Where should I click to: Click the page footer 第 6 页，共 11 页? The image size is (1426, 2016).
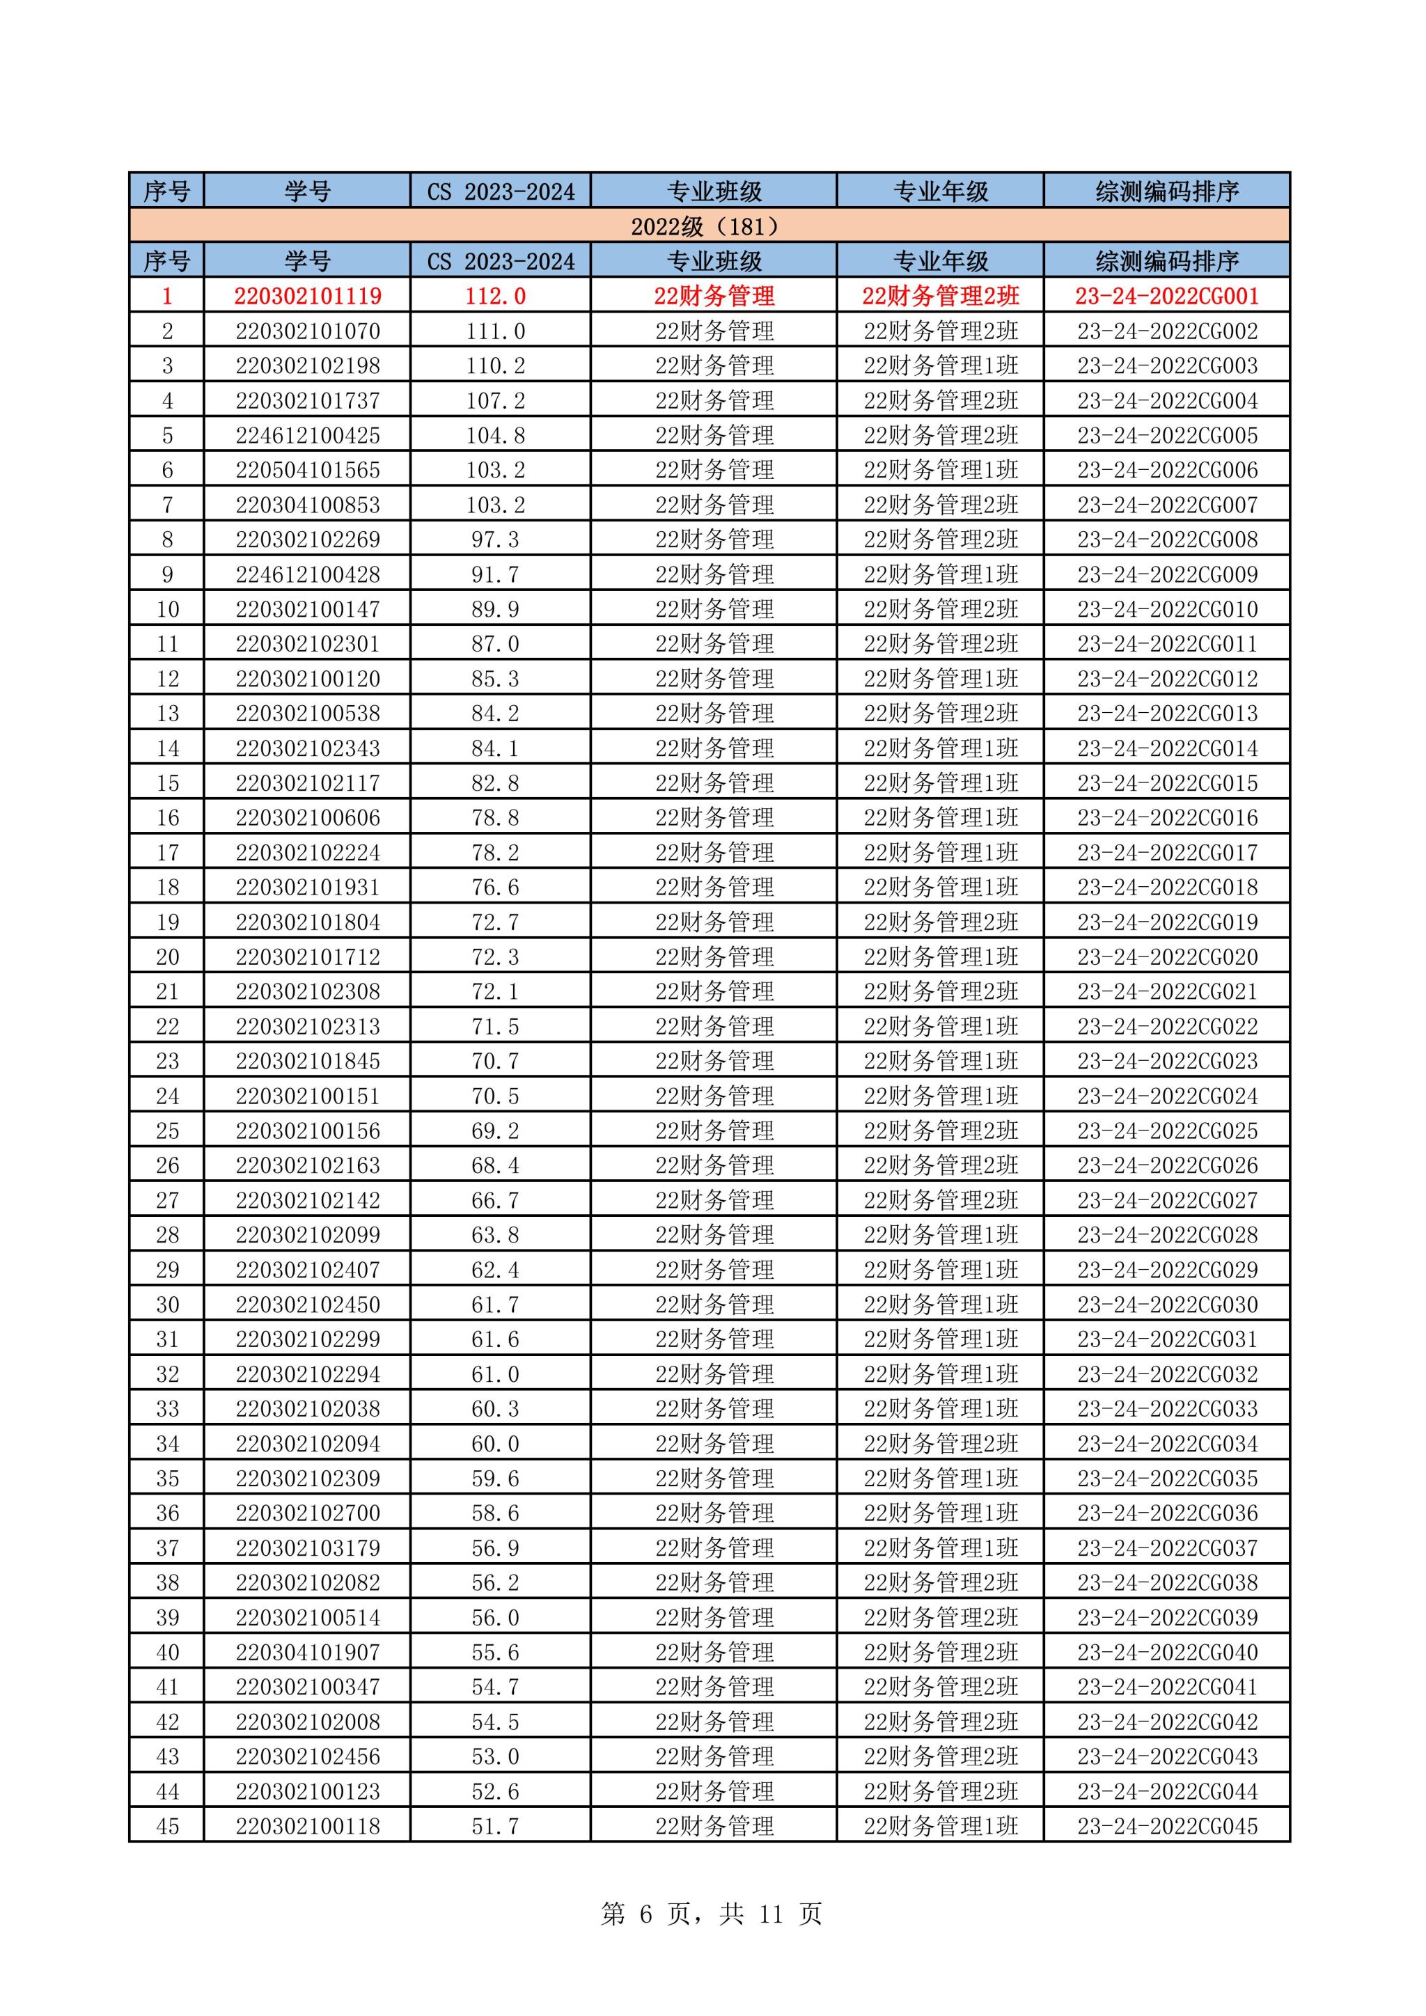(711, 1913)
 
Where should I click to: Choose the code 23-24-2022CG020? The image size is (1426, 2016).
(1167, 957)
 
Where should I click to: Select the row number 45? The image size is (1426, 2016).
(167, 1827)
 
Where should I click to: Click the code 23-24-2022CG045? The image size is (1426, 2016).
(1167, 1827)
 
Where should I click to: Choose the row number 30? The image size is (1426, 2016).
(167, 1305)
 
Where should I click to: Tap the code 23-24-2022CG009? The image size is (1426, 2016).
(1167, 574)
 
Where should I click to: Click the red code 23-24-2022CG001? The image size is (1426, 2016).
(1167, 296)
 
